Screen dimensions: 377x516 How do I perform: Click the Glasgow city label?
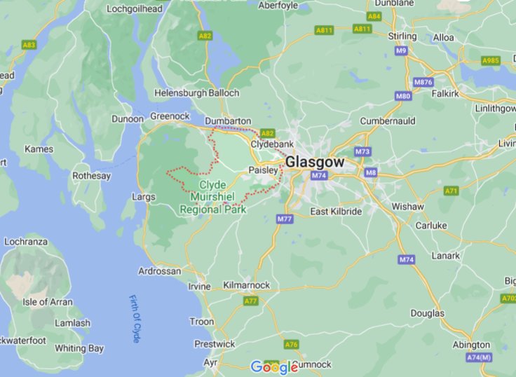point(315,162)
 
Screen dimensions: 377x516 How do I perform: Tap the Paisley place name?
point(264,170)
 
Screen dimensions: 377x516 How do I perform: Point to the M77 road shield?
point(284,219)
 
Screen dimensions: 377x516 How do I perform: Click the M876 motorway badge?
point(423,82)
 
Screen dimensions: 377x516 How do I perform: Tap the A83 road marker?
point(29,44)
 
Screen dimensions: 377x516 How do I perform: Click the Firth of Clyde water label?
point(135,319)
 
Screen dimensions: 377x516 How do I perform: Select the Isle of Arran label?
point(47,302)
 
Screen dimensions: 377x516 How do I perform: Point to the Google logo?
point(274,366)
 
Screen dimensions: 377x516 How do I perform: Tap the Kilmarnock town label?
point(245,285)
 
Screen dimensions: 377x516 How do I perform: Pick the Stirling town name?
point(402,36)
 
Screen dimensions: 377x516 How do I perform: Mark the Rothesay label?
point(91,176)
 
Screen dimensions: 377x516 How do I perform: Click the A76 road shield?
point(292,345)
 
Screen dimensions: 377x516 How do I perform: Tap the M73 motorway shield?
point(362,151)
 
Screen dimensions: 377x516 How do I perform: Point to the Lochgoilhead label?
point(135,9)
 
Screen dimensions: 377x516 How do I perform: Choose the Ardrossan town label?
point(159,270)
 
